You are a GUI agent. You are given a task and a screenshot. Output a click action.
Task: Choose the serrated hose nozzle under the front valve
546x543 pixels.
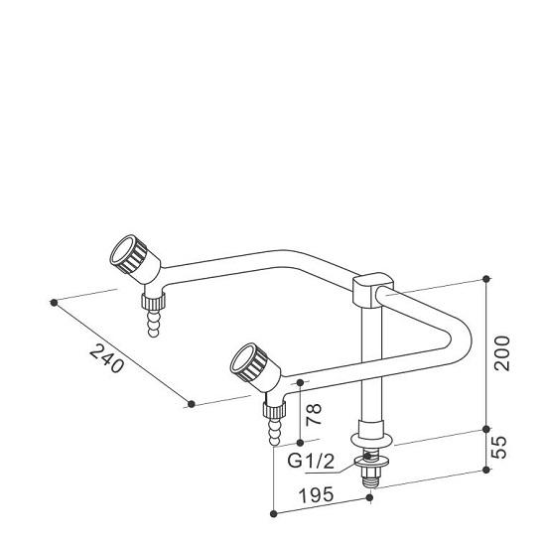272,429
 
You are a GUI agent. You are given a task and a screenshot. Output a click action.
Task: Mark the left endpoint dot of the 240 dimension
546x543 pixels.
54,301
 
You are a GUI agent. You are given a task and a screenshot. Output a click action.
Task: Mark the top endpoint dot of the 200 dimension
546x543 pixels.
486,277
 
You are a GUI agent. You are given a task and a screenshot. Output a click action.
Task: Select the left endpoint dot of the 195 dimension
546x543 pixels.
274,513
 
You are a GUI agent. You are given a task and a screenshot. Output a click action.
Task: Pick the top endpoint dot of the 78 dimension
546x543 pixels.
299,382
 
